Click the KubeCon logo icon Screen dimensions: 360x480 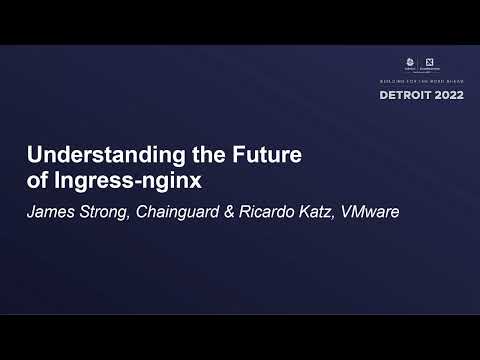coord(411,65)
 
